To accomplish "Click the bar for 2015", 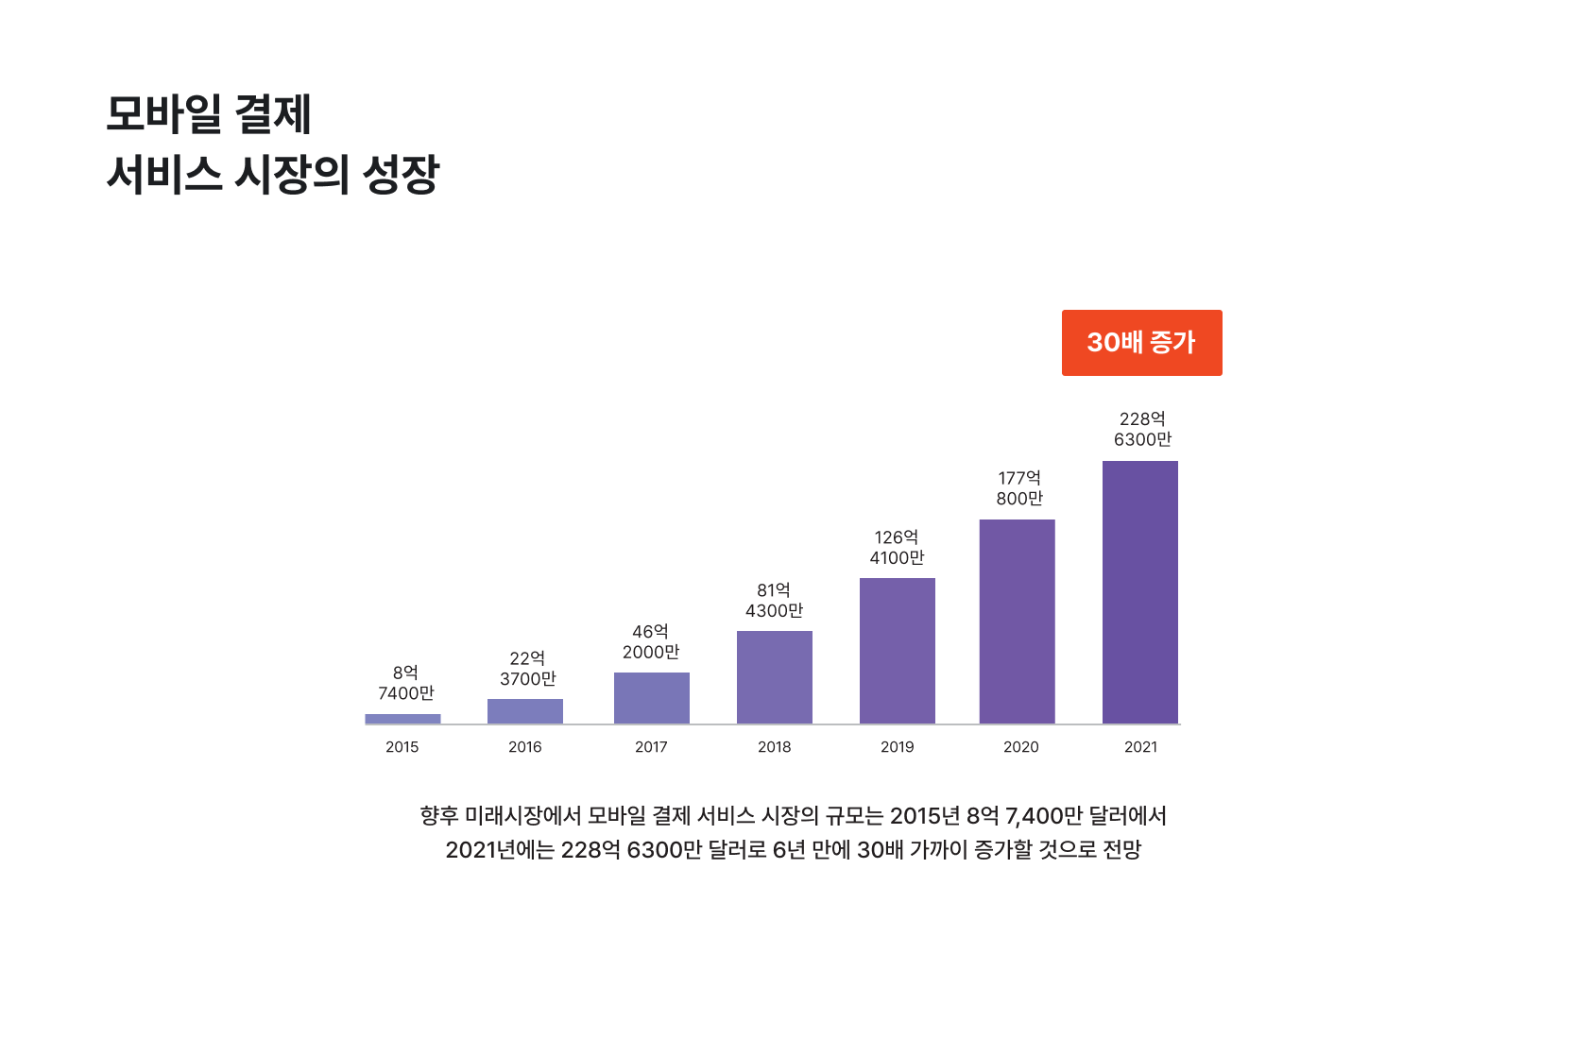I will [x=402, y=719].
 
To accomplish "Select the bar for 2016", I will [x=525, y=711].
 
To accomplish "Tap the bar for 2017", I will [x=652, y=698].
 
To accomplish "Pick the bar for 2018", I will [x=775, y=677].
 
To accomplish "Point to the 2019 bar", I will [x=898, y=651].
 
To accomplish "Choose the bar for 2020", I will [x=1018, y=622].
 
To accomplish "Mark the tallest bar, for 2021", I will [x=1140, y=592].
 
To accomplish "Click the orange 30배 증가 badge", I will [x=1141, y=343].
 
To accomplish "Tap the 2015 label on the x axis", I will [x=402, y=747].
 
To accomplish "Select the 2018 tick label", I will [x=775, y=747].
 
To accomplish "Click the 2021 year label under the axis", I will [x=1140, y=747].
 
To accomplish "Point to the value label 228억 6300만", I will [x=1142, y=430].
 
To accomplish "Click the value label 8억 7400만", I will [x=406, y=683].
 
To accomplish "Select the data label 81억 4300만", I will [x=774, y=601].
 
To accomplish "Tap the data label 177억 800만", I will [x=1019, y=488].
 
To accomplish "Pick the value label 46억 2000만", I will [x=651, y=642].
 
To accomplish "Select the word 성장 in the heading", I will [x=402, y=175].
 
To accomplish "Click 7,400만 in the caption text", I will [x=1044, y=816].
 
